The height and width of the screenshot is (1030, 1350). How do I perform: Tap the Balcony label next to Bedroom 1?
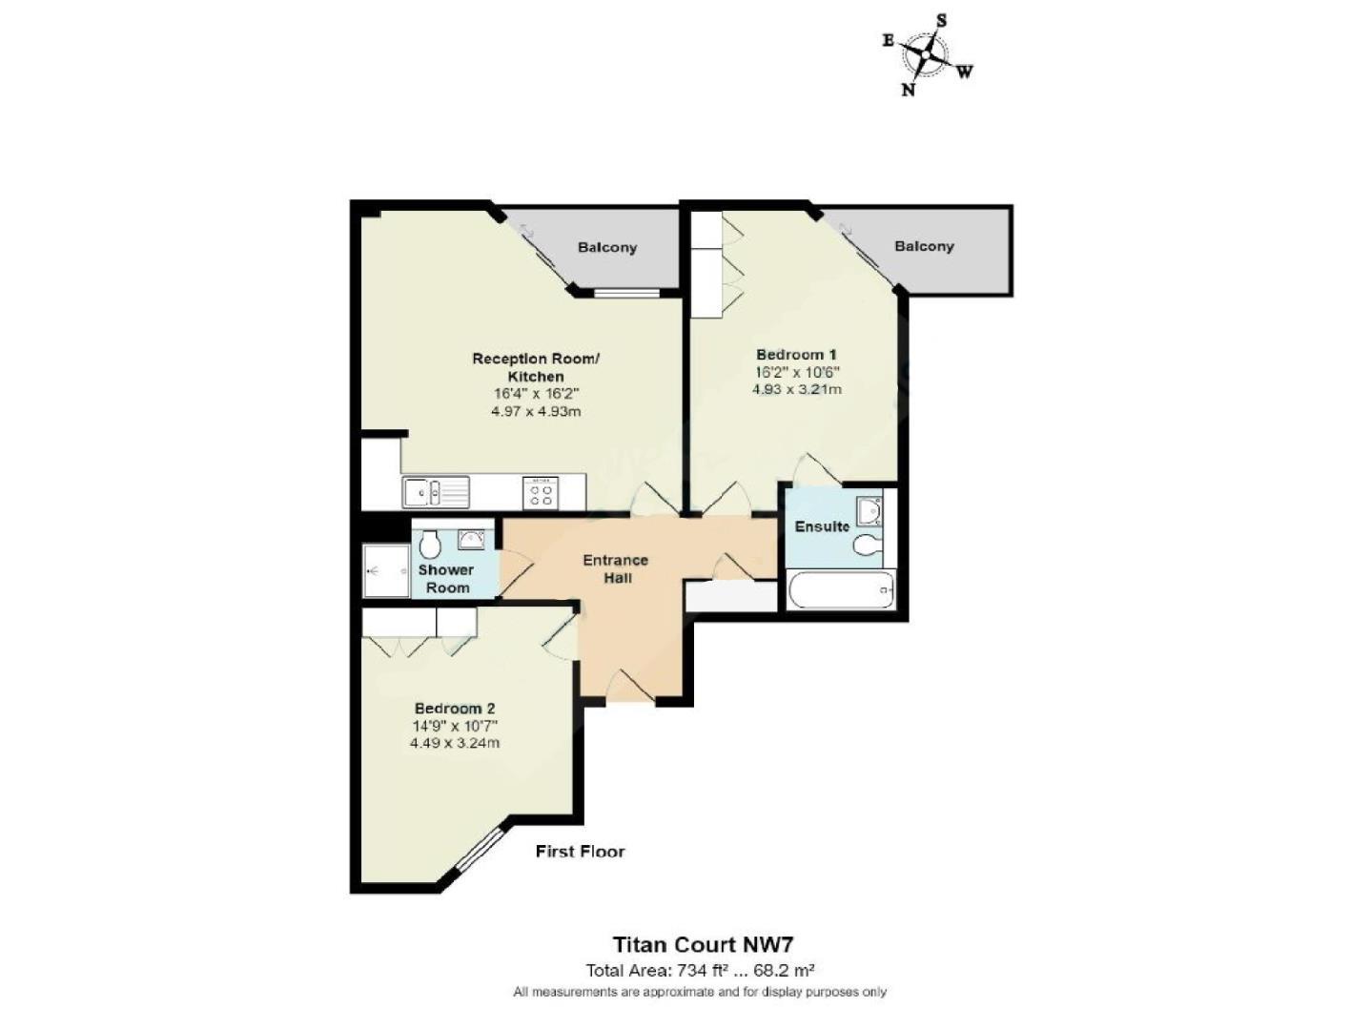click(923, 246)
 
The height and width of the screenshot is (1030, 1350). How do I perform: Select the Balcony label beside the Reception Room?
click(606, 247)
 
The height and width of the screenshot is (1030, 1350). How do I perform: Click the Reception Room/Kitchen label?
click(536, 367)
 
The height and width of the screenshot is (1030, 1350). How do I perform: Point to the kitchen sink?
click(435, 493)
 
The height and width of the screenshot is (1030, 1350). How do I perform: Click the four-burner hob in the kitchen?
click(541, 493)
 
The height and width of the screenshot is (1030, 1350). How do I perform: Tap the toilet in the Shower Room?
click(430, 545)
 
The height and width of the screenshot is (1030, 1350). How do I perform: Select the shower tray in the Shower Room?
click(385, 571)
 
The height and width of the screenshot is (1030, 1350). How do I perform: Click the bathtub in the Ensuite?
click(841, 589)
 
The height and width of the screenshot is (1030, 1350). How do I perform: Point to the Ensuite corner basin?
click(869, 512)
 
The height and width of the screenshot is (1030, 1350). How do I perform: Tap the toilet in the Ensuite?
click(868, 546)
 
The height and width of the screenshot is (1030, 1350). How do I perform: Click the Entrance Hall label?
click(615, 568)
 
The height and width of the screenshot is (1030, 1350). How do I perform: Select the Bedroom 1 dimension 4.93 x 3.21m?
click(796, 389)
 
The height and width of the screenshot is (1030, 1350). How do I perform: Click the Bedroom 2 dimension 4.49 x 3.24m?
click(454, 743)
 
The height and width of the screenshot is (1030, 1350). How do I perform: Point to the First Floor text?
click(580, 851)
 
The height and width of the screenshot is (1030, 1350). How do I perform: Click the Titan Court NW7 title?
click(702, 944)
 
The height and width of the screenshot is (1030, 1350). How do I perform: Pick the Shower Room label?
click(446, 578)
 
